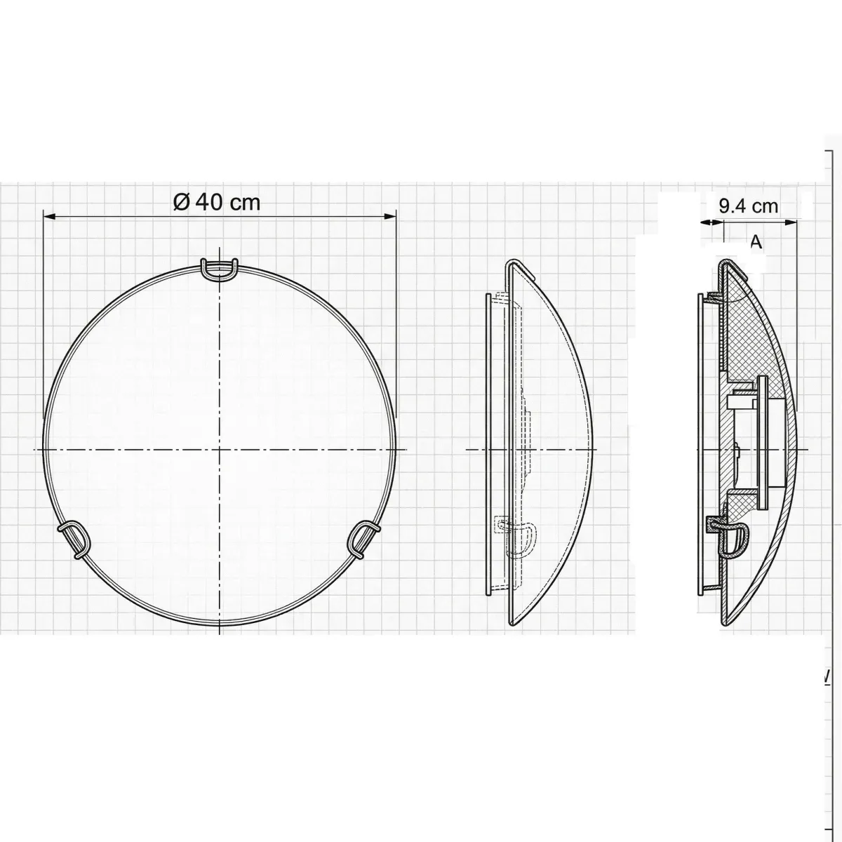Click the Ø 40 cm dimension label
pos(217,202)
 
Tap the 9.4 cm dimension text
pos(749,206)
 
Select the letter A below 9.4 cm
pos(756,242)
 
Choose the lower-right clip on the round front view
pos(364,537)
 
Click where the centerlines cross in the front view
pos(220,448)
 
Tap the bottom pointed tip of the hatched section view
pos(725,623)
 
